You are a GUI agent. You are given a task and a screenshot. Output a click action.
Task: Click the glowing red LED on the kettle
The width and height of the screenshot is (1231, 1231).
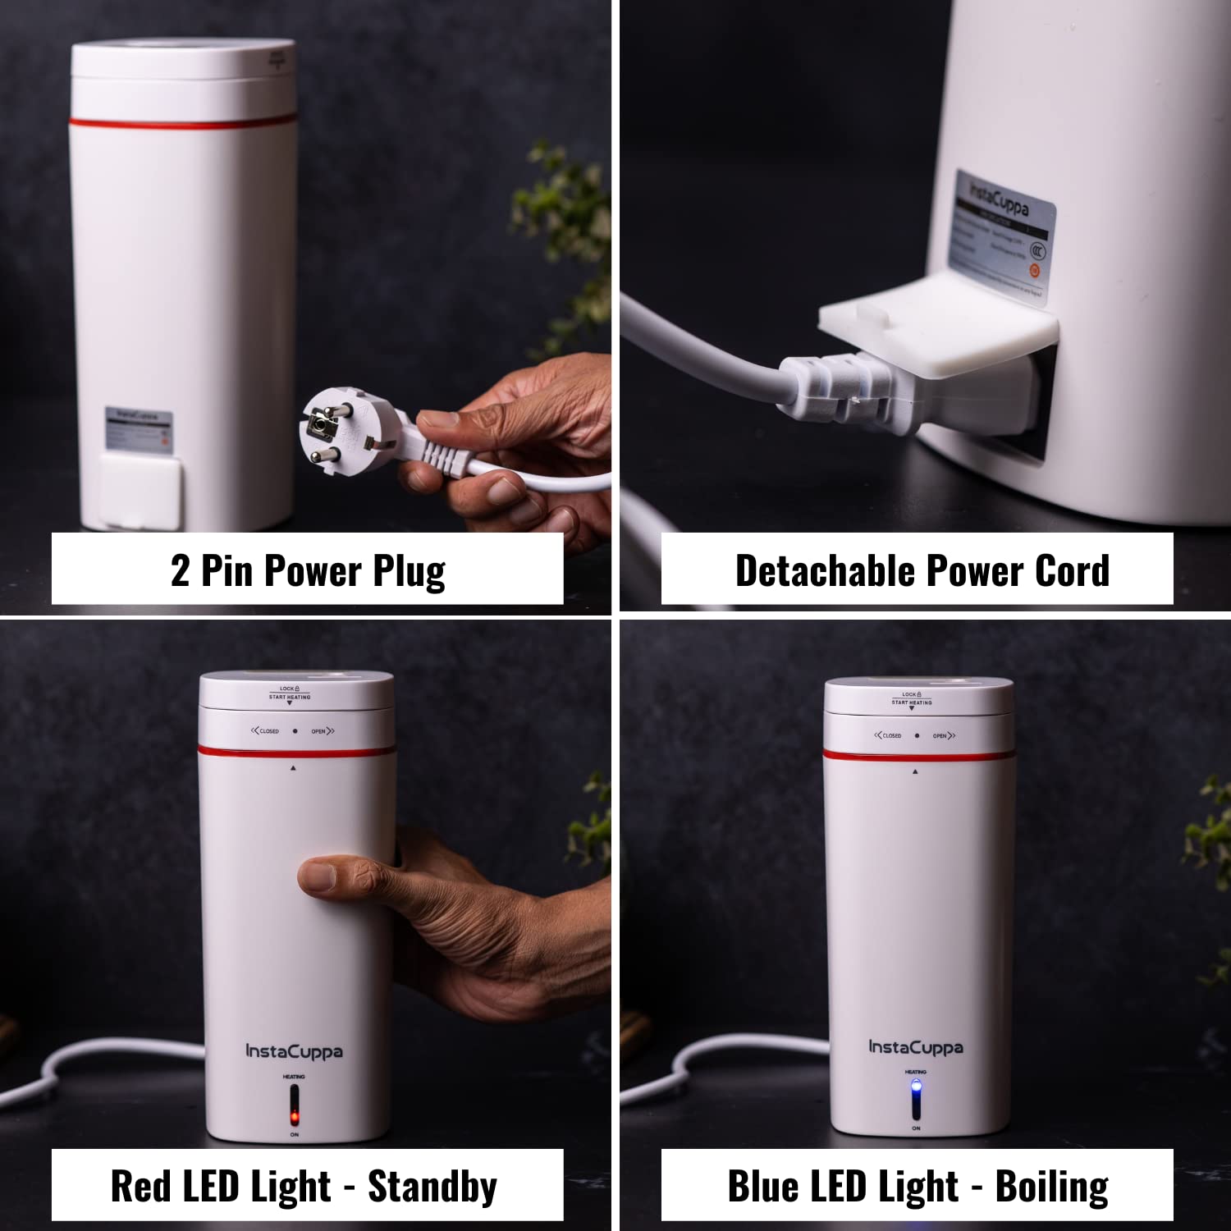tap(294, 1117)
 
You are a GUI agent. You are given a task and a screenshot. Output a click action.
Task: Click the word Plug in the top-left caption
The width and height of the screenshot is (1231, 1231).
tap(409, 571)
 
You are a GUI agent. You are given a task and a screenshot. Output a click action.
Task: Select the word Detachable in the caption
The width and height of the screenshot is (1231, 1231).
tap(823, 571)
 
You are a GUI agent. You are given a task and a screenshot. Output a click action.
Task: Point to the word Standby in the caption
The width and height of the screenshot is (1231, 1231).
tap(432, 1187)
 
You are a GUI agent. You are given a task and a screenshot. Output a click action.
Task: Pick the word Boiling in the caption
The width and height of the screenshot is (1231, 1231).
tap(1051, 1187)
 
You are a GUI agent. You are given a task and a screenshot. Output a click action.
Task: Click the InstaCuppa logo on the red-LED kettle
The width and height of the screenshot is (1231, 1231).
tap(294, 1051)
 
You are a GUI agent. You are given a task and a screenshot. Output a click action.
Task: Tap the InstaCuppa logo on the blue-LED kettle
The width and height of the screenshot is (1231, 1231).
tap(916, 1047)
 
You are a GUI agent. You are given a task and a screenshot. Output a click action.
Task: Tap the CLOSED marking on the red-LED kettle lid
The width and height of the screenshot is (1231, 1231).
tap(266, 730)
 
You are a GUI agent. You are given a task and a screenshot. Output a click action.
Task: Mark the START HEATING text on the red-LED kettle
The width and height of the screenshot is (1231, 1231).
tap(290, 697)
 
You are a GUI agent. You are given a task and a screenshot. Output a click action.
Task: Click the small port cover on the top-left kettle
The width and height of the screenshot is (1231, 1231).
tap(140, 491)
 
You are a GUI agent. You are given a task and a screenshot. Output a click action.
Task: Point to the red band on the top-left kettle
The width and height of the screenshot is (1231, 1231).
tap(182, 124)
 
